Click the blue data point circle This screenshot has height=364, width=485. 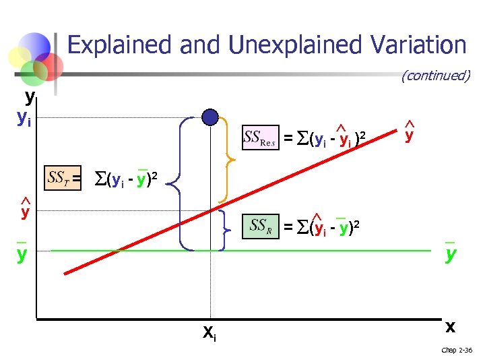(211, 117)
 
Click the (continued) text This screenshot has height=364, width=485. (435, 75)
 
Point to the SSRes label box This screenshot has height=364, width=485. (260, 139)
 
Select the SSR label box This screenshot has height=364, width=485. (261, 226)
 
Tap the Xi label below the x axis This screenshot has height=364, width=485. (209, 332)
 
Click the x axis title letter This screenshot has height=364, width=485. (450, 326)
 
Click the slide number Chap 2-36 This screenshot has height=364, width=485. (457, 350)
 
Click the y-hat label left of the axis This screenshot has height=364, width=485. (25, 210)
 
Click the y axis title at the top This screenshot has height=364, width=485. (30, 98)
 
